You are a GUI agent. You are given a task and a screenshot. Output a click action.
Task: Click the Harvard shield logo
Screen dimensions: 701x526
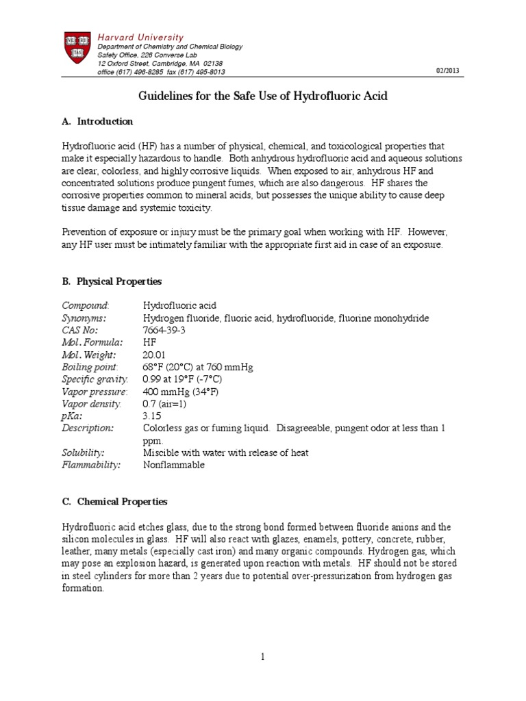coord(73,52)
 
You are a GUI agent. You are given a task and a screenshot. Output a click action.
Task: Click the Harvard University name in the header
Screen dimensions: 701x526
coord(139,37)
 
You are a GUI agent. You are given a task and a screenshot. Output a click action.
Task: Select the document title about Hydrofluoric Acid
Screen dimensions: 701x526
coord(263,96)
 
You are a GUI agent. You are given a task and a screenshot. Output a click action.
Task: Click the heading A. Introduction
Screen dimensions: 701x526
coord(97,121)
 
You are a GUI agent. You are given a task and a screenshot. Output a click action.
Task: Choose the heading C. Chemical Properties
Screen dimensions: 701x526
coord(114,502)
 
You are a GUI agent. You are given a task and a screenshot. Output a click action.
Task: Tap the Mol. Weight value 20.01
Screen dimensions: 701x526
coord(153,355)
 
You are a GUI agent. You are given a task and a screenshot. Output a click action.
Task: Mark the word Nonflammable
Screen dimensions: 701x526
coord(174,465)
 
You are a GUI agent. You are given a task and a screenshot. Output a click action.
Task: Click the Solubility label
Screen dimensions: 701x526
coord(83,453)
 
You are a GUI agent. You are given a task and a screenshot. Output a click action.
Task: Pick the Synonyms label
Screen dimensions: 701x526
coord(84,318)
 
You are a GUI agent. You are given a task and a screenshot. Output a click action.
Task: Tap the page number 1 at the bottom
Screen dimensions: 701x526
coord(263,657)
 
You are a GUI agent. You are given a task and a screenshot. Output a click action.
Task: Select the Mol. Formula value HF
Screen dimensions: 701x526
coord(150,342)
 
